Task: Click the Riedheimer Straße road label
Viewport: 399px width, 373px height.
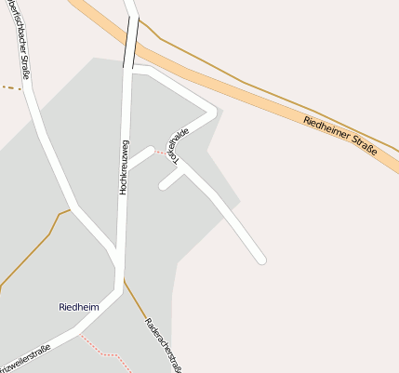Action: pyautogui.click(x=340, y=134)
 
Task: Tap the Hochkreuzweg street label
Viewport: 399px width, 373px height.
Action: pyautogui.click(x=123, y=167)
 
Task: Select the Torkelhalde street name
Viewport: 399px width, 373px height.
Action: pyautogui.click(x=178, y=146)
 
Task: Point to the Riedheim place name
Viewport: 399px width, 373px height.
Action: pyautogui.click(x=78, y=306)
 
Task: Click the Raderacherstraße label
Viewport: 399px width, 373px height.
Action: pyautogui.click(x=162, y=343)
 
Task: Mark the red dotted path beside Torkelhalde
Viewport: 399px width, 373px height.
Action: pyautogui.click(x=161, y=152)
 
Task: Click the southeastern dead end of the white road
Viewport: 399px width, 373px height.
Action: pyautogui.click(x=261, y=260)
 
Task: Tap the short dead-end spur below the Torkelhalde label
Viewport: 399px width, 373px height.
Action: pyautogui.click(x=168, y=180)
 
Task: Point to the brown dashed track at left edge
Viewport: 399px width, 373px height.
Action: pyautogui.click(x=9, y=88)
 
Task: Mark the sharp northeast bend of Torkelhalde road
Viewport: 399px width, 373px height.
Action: pyautogui.click(x=214, y=113)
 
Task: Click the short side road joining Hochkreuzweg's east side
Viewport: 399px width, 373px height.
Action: pyautogui.click(x=140, y=159)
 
